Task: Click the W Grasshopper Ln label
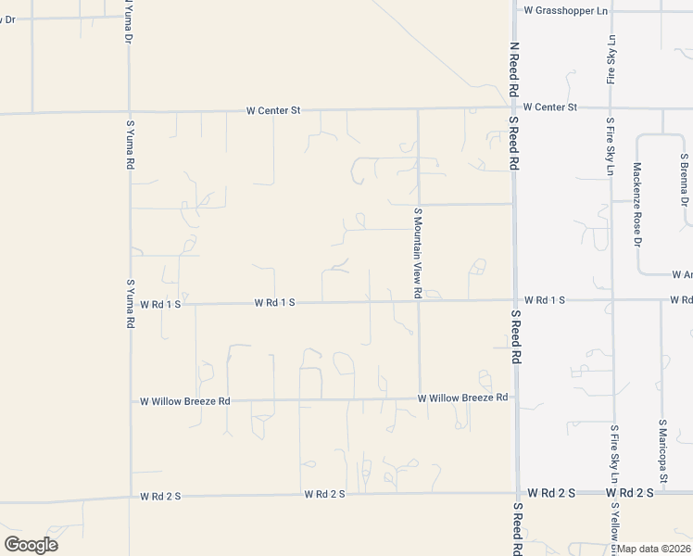[x=565, y=11]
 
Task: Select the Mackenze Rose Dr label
[x=636, y=205]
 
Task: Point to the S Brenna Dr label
[x=684, y=180]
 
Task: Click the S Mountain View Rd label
[x=418, y=253]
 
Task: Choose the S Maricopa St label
[x=662, y=441]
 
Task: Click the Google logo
[x=31, y=544]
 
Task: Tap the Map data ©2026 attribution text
[x=654, y=549]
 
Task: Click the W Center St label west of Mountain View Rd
[x=273, y=110]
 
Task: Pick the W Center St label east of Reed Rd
[x=549, y=107]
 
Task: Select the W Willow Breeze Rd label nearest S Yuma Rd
[x=184, y=401]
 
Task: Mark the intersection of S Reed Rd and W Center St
[x=515, y=108]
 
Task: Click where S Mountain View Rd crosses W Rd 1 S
[x=419, y=301]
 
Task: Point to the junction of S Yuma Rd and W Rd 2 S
[x=131, y=497]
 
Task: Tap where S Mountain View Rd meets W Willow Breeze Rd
[x=419, y=399]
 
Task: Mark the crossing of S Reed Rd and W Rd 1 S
[x=515, y=300]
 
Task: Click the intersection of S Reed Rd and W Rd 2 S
[x=516, y=493]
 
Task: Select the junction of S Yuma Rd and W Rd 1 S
[x=131, y=303]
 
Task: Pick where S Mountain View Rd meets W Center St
[x=418, y=109]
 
